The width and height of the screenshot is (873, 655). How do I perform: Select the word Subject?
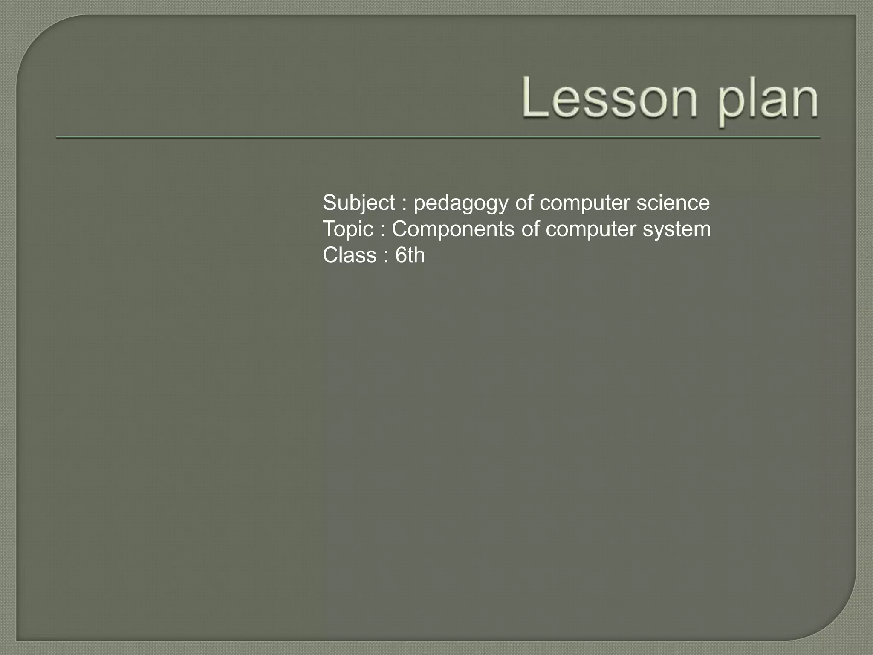[358, 203]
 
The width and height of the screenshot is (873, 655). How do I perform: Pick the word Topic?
[348, 229]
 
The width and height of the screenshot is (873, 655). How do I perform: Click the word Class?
[350, 255]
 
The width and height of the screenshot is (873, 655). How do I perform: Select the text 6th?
[410, 255]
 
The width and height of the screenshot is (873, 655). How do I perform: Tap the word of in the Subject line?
[524, 203]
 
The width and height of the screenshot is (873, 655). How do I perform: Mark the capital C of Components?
[401, 229]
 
